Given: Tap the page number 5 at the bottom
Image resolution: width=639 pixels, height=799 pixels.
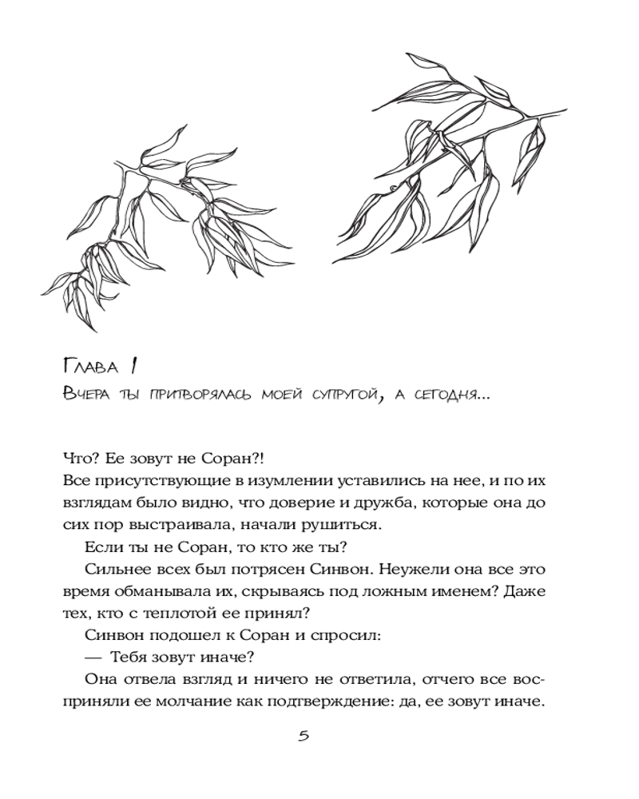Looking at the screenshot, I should point(304,736).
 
